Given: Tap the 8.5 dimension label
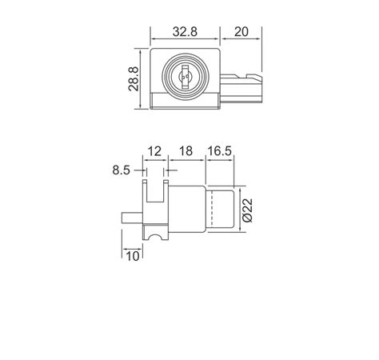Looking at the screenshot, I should click(x=122, y=170).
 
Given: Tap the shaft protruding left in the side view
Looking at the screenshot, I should click(x=132, y=216).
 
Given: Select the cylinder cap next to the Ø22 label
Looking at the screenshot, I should click(x=221, y=210).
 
